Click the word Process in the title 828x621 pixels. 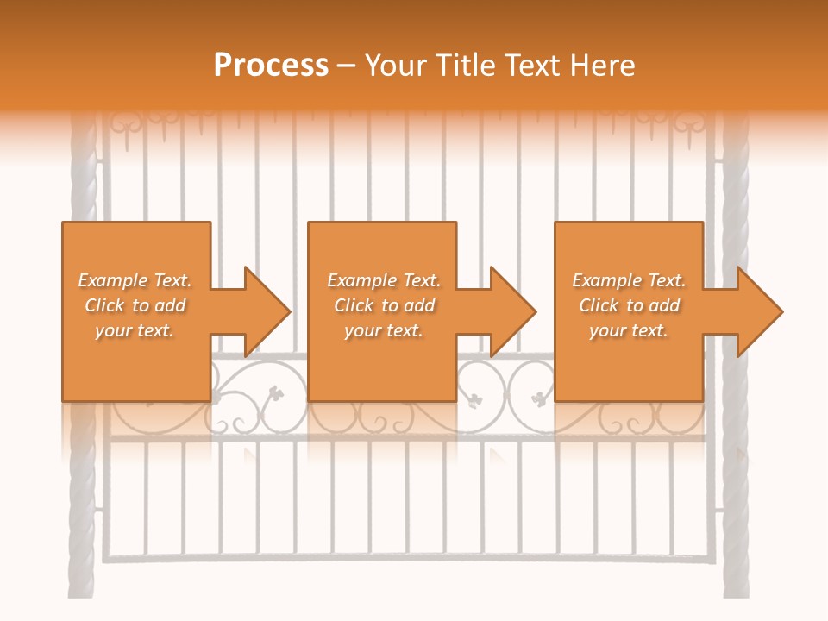click(x=271, y=66)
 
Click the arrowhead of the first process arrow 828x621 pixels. click(x=267, y=311)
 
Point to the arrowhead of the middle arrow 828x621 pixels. click(x=513, y=311)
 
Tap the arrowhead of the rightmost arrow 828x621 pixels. click(x=760, y=311)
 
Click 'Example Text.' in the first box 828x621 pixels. click(x=135, y=280)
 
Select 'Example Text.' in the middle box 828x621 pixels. click(x=383, y=280)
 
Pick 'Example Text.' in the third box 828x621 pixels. click(x=629, y=280)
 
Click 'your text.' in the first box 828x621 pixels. click(x=135, y=330)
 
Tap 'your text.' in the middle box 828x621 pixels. click(x=383, y=330)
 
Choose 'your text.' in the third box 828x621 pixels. click(x=629, y=330)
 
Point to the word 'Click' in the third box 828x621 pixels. click(x=599, y=305)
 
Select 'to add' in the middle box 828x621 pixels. click(x=408, y=305)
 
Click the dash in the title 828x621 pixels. click(x=346, y=66)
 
